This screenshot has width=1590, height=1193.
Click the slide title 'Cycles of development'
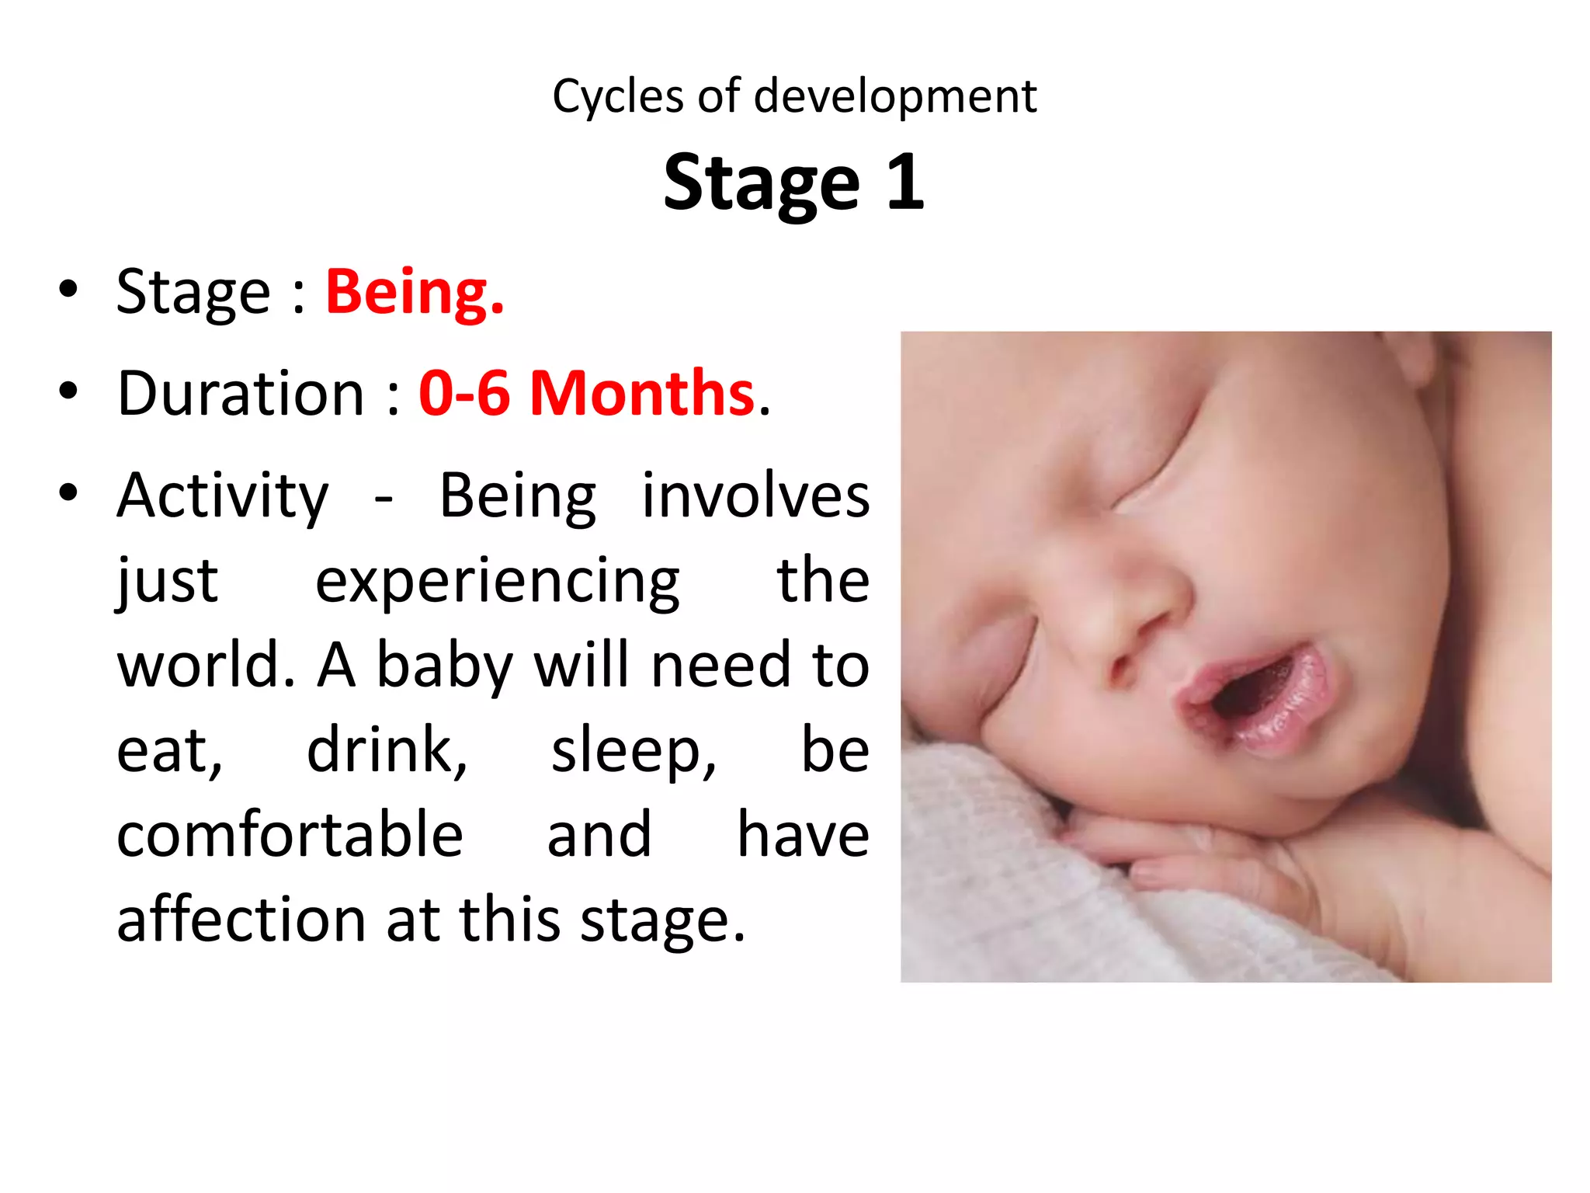click(x=794, y=96)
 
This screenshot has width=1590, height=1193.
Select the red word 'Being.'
click(x=415, y=292)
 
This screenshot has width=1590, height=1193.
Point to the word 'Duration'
click(x=241, y=393)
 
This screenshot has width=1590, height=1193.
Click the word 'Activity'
click(x=223, y=497)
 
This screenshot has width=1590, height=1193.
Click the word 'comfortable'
click(x=290, y=834)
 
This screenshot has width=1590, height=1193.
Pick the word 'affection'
click(x=241, y=920)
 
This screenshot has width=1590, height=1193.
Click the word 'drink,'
click(x=387, y=750)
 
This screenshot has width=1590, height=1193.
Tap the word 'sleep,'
click(x=634, y=752)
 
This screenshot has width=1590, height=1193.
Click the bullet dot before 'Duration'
click(x=68, y=391)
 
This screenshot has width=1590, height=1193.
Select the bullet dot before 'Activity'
click(x=68, y=492)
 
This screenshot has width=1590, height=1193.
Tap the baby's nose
click(x=1133, y=614)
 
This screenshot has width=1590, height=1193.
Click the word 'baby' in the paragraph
click(x=444, y=666)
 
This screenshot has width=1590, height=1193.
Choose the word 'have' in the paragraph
click(x=803, y=834)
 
